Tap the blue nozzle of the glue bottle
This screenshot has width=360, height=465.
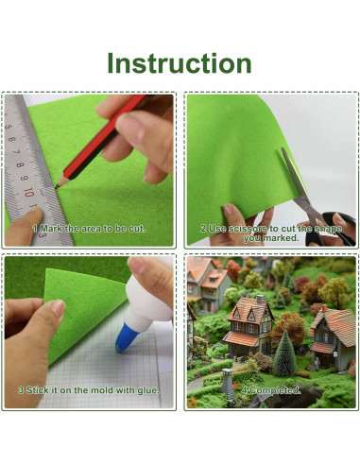125,336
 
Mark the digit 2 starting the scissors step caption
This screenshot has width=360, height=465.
202,228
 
